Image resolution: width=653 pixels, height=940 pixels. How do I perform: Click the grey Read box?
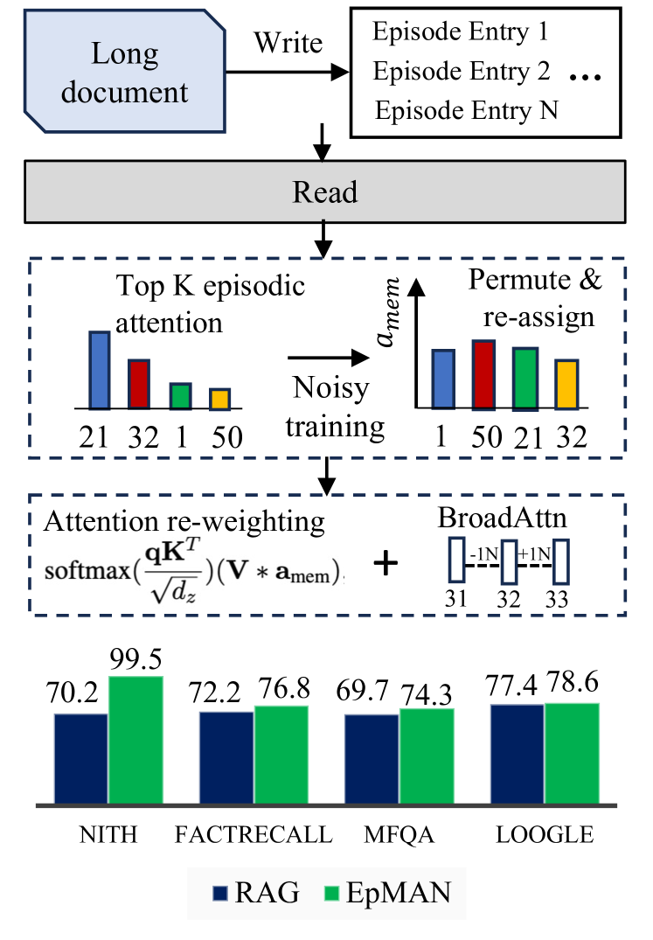[324, 191]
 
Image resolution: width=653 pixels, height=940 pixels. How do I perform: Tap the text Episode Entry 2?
[461, 72]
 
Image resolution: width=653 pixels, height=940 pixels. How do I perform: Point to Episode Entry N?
[466, 111]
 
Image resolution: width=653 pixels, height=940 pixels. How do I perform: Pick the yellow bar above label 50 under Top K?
[219, 399]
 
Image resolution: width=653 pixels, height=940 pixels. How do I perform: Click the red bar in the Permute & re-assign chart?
[483, 374]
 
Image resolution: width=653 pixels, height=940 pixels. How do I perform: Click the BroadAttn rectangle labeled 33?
[559, 561]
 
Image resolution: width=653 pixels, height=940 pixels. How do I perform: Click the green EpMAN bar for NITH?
[135, 740]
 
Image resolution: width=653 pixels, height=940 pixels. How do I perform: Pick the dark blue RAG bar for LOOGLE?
[516, 754]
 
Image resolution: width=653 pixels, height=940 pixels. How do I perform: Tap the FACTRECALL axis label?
[254, 835]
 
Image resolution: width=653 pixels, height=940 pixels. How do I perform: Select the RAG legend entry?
[256, 893]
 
